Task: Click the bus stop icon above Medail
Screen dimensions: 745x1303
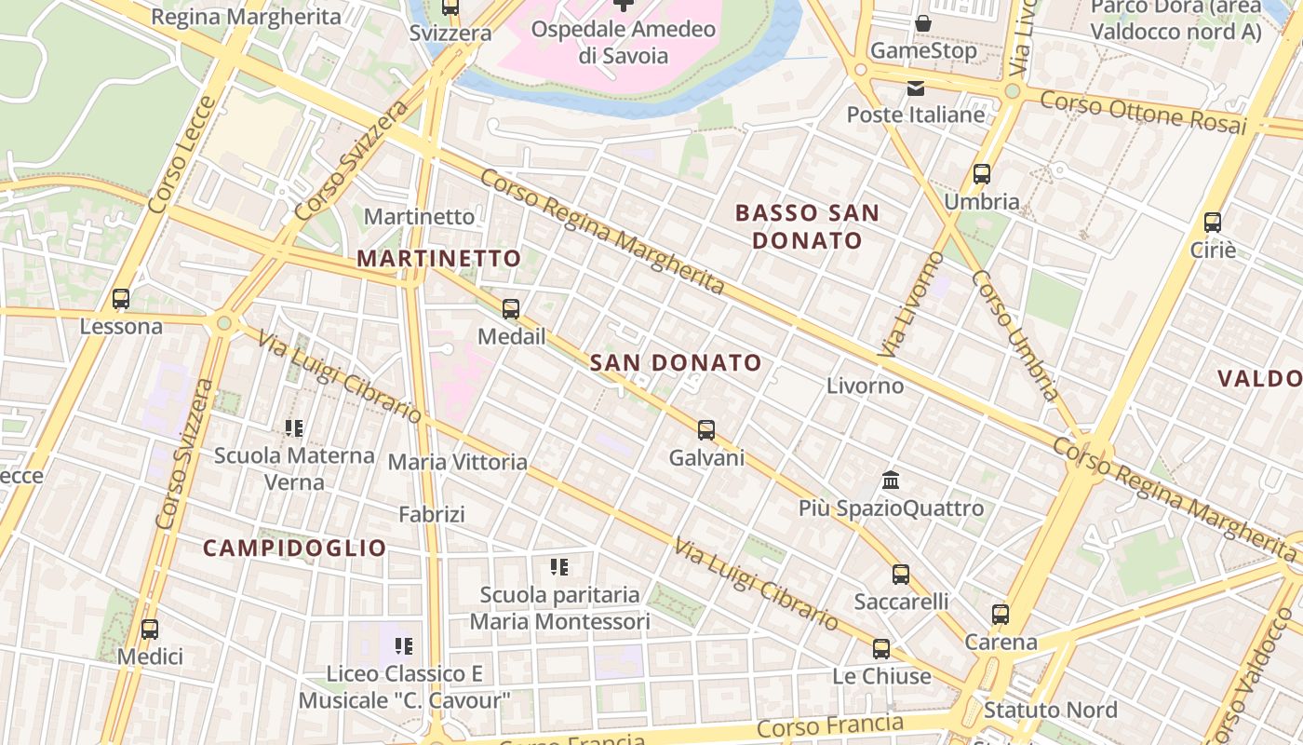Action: coord(510,308)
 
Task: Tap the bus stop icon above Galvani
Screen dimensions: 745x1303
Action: coord(706,429)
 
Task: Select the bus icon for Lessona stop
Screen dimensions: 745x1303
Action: coord(121,299)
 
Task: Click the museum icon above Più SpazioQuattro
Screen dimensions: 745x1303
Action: coord(891,481)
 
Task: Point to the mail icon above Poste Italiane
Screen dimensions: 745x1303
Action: coord(916,88)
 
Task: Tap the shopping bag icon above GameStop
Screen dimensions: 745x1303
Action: coord(923,23)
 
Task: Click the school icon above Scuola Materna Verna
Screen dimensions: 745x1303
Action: coord(294,428)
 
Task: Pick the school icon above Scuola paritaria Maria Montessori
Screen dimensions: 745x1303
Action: coord(559,566)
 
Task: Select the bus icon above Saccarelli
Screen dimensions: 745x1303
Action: coord(900,574)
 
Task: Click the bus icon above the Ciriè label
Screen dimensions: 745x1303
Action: coord(1212,223)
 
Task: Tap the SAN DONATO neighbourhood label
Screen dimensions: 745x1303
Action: coord(676,363)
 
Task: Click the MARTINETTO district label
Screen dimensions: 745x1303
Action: coord(439,259)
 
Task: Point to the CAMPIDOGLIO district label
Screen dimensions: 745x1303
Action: coord(294,549)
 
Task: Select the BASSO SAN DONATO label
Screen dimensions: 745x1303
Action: coord(807,226)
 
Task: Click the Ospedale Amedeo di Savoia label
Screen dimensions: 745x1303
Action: coord(624,42)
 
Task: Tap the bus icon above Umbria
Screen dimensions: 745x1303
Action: coord(981,173)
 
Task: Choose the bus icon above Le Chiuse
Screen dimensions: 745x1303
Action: coord(880,648)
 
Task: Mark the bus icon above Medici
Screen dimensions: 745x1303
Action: coord(149,629)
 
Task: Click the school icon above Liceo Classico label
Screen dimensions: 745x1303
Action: coord(403,645)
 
